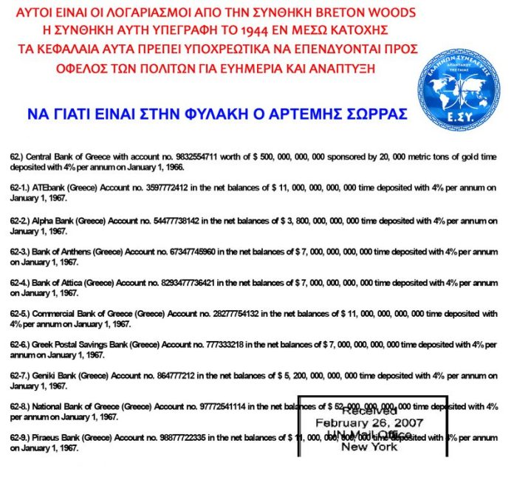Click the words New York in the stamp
click(x=370, y=447)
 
